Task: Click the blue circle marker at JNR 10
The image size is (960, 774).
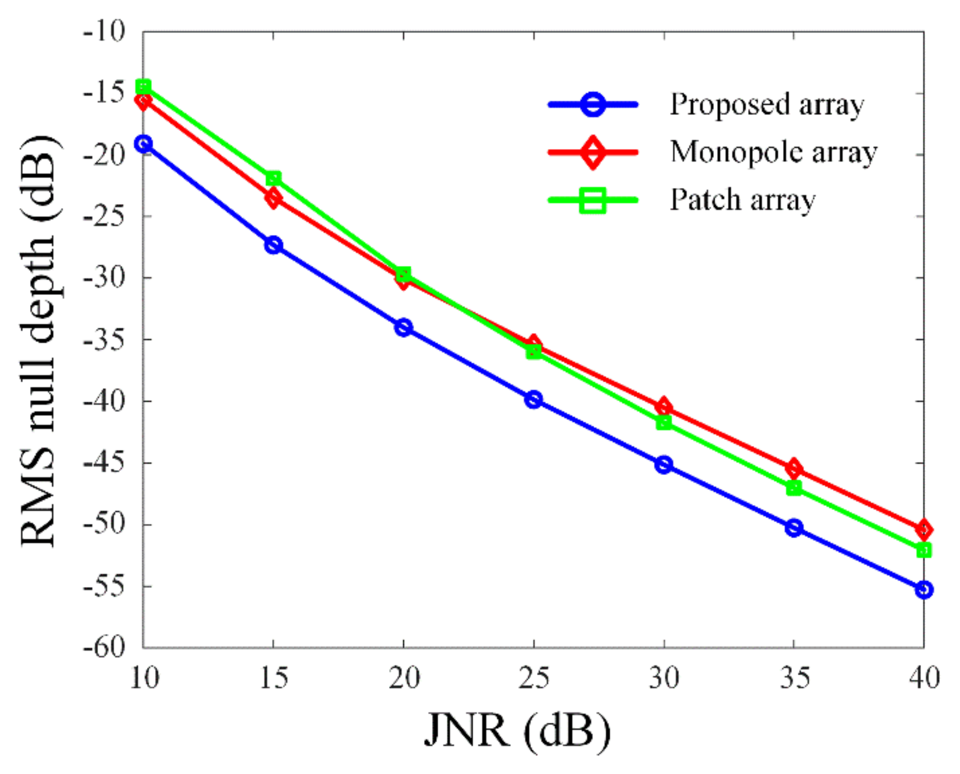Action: [x=143, y=144]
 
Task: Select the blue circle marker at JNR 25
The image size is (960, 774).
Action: [x=533, y=399]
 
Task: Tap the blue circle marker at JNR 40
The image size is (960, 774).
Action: [x=924, y=590]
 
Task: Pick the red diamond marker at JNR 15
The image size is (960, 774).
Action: [x=273, y=198]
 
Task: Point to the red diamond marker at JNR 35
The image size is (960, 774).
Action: [x=793, y=468]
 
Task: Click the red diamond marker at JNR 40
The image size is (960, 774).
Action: [x=924, y=529]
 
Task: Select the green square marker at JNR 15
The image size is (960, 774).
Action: [x=273, y=178]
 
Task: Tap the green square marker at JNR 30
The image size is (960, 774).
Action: [x=664, y=422]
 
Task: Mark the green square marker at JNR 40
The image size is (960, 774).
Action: [x=924, y=550]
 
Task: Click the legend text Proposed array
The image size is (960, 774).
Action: [x=767, y=105]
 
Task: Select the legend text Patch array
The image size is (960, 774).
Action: [x=742, y=200]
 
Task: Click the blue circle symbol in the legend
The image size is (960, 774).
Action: [x=593, y=105]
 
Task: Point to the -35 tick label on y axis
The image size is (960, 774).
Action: [x=105, y=339]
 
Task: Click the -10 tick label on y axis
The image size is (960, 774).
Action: [x=105, y=32]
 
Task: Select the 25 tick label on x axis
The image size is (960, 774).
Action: [x=533, y=678]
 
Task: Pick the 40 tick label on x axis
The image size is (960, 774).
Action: [x=924, y=678]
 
